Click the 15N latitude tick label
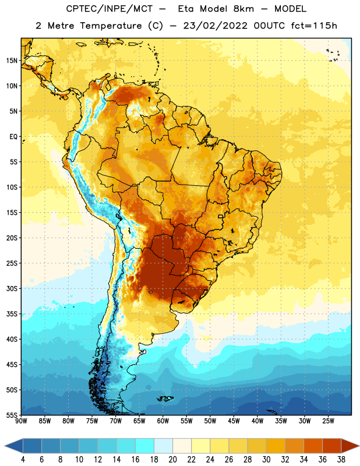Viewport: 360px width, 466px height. tap(12, 61)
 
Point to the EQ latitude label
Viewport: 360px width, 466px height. tap(13, 137)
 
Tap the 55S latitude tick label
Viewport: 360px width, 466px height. tap(12, 415)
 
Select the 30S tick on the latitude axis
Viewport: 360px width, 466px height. tap(12, 288)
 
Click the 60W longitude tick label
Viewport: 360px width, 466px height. tap(163, 421)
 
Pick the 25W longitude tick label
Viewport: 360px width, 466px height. tap(328, 421)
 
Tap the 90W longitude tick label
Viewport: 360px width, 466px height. tap(22, 421)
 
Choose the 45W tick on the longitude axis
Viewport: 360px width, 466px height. tap(234, 421)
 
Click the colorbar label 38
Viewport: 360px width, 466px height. tap(341, 460)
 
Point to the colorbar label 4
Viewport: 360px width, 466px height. tap(23, 460)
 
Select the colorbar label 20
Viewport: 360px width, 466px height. tap(172, 460)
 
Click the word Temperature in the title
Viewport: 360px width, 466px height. tap(111, 26)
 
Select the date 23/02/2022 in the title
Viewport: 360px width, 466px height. tap(215, 26)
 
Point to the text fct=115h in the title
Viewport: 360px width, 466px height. tap(314, 26)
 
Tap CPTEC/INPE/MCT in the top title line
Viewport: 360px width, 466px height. tap(110, 9)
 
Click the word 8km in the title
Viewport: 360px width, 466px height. tap(243, 9)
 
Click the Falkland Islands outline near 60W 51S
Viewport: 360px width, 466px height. tap(165, 398)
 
